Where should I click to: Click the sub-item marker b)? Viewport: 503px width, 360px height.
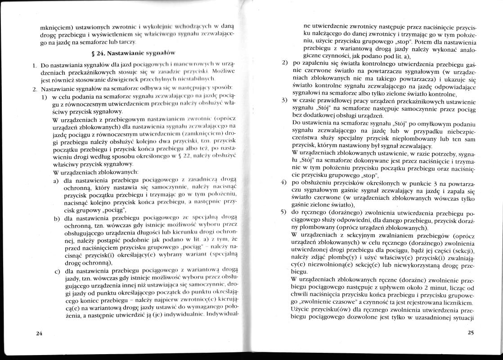57,218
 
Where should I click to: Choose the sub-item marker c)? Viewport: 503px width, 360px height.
57,271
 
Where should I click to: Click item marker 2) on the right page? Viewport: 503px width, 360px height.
284,61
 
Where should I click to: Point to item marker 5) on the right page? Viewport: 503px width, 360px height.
284,210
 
